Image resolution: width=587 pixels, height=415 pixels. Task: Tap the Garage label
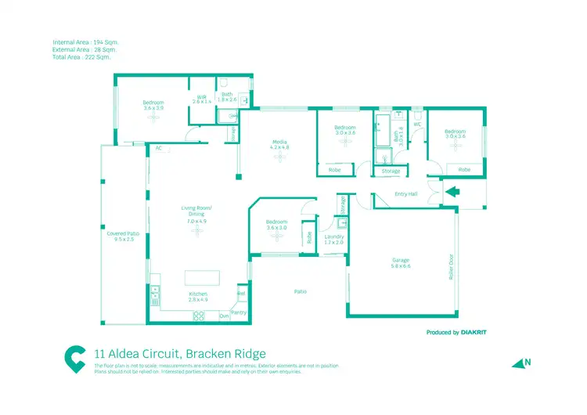(x=401, y=261)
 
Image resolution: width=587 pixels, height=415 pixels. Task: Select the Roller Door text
(x=452, y=267)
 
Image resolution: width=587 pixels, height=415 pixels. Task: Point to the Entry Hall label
(x=406, y=194)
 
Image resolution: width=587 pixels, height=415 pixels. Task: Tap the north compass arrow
(x=520, y=363)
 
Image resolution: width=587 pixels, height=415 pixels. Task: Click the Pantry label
(x=239, y=312)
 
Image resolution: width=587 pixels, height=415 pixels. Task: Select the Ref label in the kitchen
(x=241, y=294)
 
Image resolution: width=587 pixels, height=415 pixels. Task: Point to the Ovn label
(x=224, y=316)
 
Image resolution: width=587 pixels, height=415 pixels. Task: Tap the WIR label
(x=201, y=98)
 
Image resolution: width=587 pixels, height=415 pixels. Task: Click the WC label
(x=417, y=124)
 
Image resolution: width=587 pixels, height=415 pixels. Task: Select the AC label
(x=158, y=147)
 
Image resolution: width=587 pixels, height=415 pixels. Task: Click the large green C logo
(x=75, y=358)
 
